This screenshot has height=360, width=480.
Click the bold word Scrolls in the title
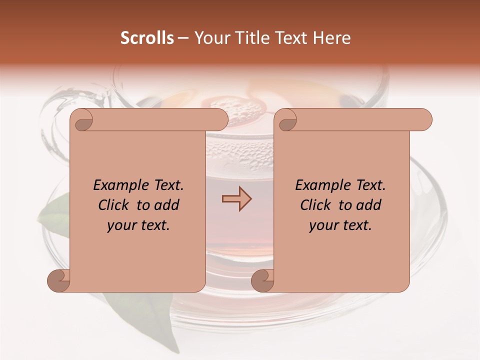pos(147,38)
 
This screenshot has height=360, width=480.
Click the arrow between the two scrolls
pos(236,198)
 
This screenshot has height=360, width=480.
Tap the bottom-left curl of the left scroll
pos(59,280)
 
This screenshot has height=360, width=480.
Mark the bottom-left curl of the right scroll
pos(263,280)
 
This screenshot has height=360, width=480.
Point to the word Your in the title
pos(209,38)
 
